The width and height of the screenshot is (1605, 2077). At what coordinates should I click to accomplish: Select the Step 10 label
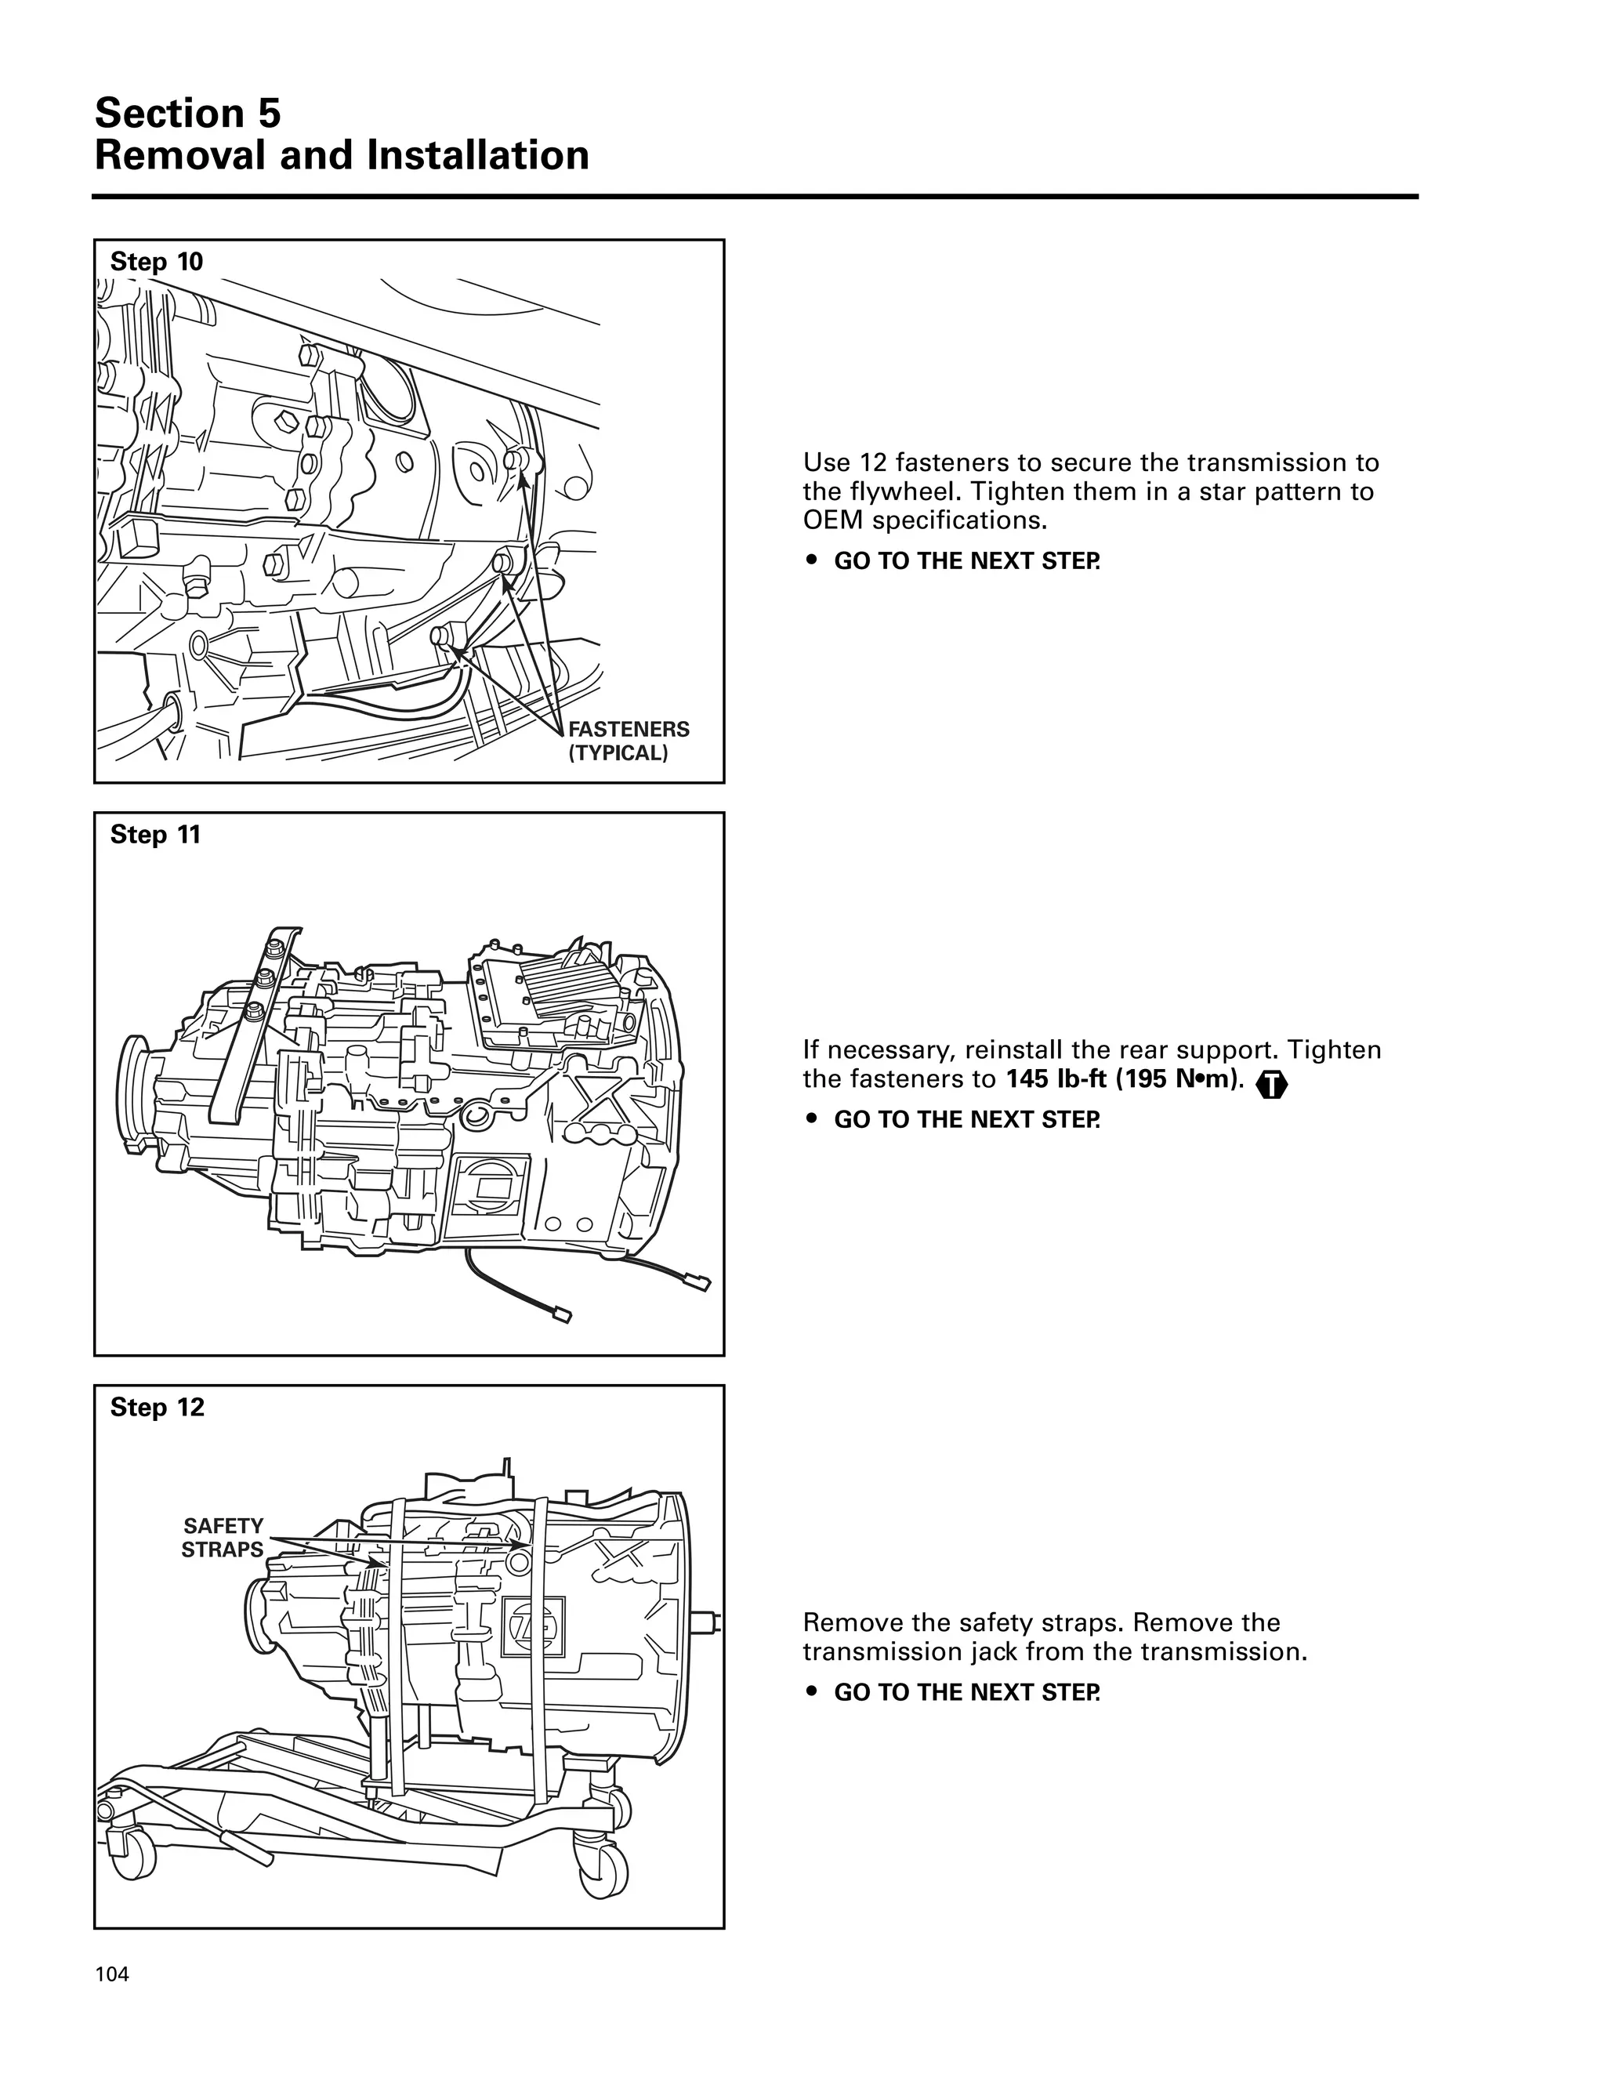point(156,262)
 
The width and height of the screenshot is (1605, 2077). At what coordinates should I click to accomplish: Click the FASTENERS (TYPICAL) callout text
point(628,741)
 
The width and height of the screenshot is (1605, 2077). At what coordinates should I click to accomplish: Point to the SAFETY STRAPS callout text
point(223,1538)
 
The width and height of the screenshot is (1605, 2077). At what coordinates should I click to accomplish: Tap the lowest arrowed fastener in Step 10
point(443,634)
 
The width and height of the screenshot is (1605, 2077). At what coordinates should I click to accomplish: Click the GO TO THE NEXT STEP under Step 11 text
point(966,1119)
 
